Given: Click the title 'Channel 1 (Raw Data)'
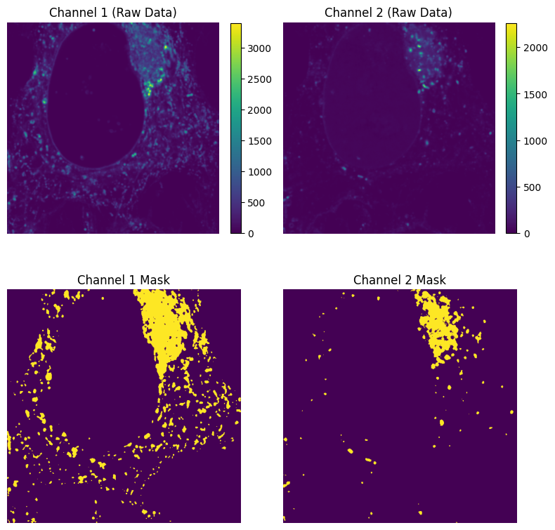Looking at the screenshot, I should [112, 13].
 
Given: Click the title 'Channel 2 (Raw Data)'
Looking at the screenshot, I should [388, 13].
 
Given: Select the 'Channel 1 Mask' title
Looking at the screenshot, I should [124, 280].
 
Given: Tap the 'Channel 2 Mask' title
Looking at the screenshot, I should [400, 280].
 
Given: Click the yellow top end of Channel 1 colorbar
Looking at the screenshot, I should [236, 25].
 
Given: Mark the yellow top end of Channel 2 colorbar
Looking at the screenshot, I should [511, 25].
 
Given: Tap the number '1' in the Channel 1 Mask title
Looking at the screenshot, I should [131, 280].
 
